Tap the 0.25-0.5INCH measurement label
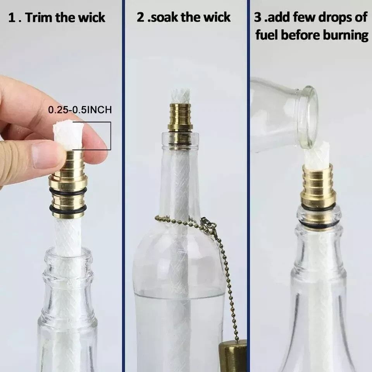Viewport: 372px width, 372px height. [80, 110]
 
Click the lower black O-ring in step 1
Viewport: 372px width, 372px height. [68, 210]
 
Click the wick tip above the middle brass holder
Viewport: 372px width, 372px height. [181, 96]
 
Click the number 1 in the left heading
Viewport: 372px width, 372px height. [12, 18]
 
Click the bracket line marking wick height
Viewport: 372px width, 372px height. [110, 136]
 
